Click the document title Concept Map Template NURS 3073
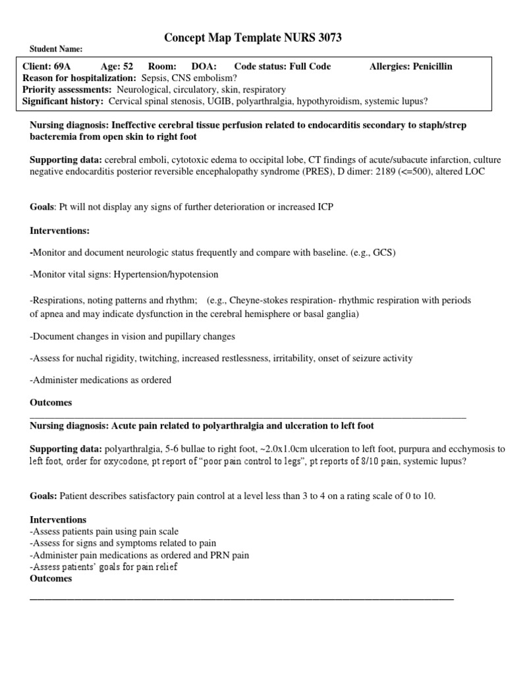(253, 38)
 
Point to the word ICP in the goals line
(325, 207)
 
